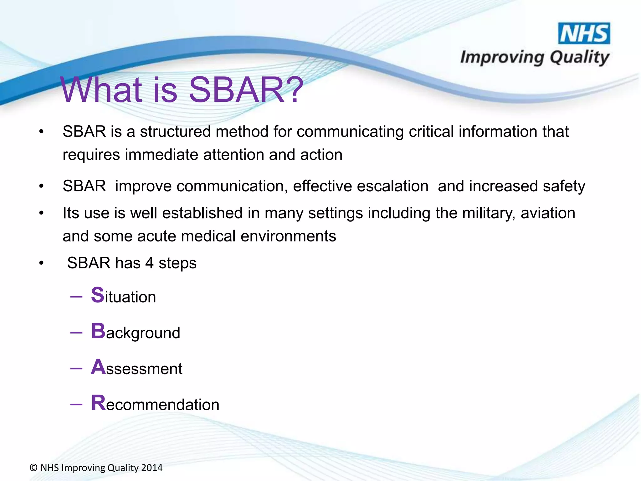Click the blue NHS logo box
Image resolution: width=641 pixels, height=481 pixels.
tap(584, 34)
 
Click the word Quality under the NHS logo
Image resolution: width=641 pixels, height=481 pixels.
tap(579, 58)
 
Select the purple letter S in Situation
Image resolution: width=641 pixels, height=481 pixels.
tap(97, 295)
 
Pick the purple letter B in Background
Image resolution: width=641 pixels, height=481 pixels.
tap(98, 331)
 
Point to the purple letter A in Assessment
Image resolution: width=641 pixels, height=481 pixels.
tap(98, 367)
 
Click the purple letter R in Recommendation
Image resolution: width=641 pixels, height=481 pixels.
tap(98, 403)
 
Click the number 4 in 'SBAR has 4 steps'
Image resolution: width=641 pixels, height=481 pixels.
tap(149, 263)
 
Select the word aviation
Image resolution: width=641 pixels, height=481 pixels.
tap(548, 213)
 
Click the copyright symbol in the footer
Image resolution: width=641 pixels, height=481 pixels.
tap(33, 468)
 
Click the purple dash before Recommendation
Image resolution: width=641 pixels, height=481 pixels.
tap(76, 404)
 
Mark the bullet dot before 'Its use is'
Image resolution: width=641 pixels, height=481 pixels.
tap(41, 214)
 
